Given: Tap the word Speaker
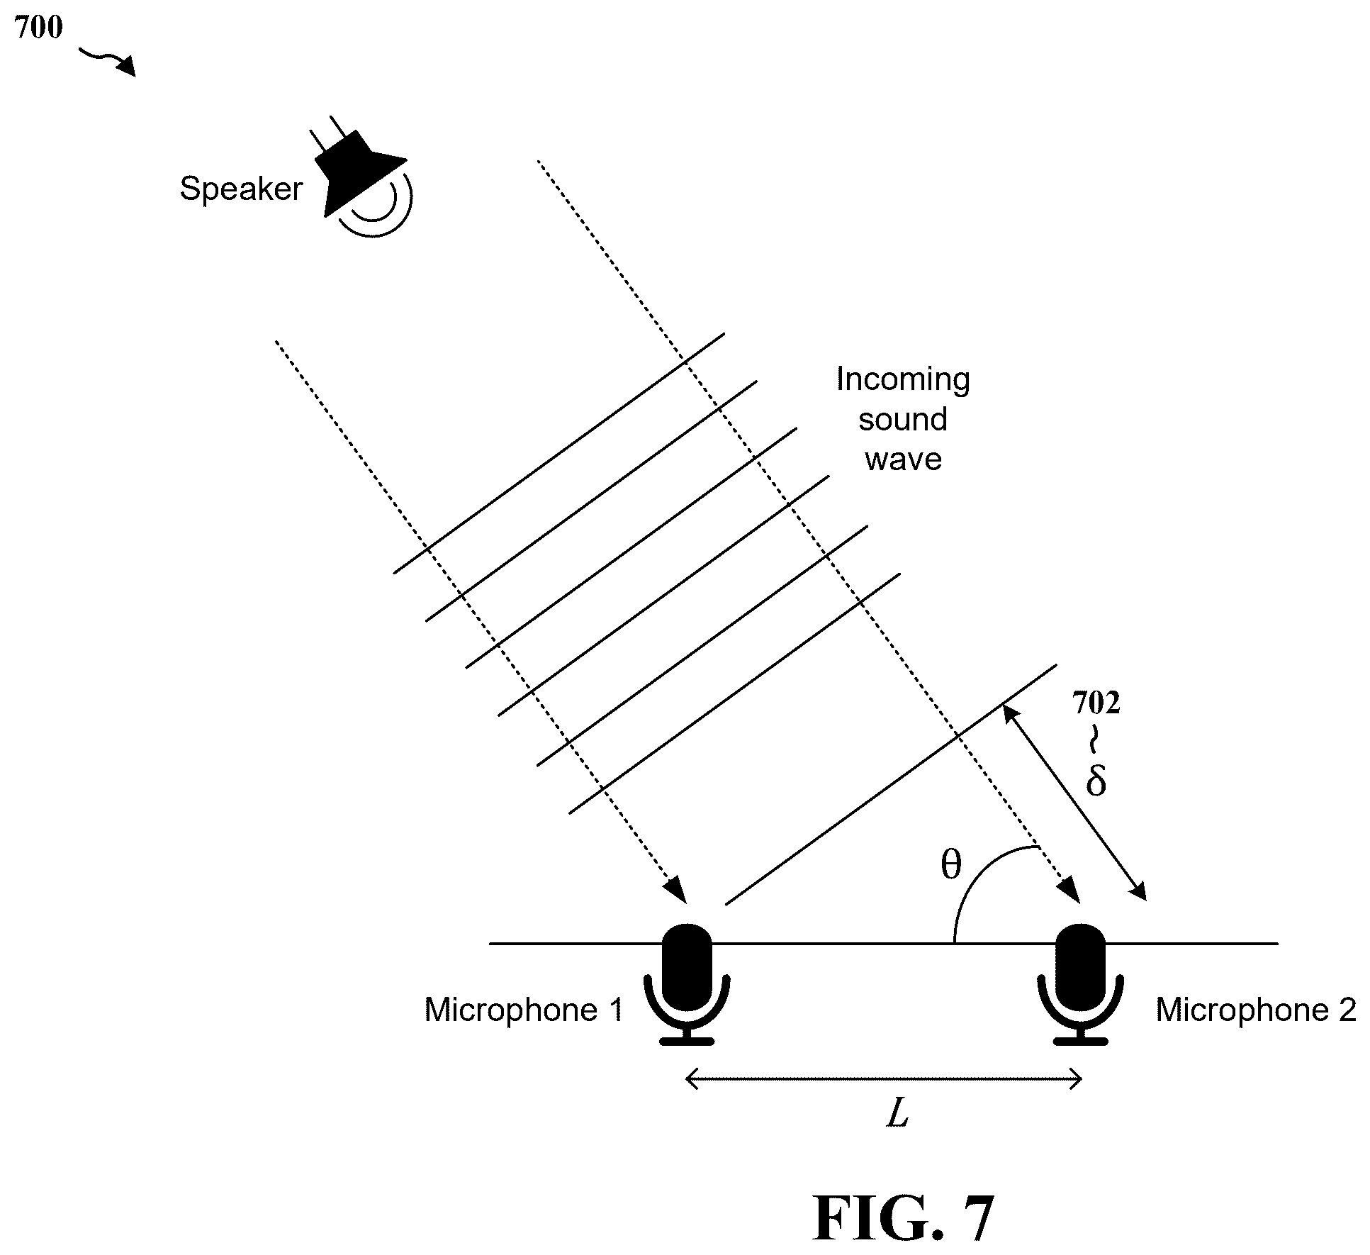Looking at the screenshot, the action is coord(241,189).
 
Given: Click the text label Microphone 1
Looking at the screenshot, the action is coord(524,1010).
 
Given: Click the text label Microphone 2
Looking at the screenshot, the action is coord(1256,1010).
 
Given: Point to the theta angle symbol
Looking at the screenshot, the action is coord(950,864).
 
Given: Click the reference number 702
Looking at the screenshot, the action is coord(1096,703).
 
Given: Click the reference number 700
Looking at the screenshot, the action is coord(38,28).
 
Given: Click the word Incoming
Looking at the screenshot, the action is coord(903,379).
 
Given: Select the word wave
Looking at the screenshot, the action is coord(903,459).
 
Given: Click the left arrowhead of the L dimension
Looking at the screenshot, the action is coord(693,1080).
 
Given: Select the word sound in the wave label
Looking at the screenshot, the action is coord(903,420).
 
